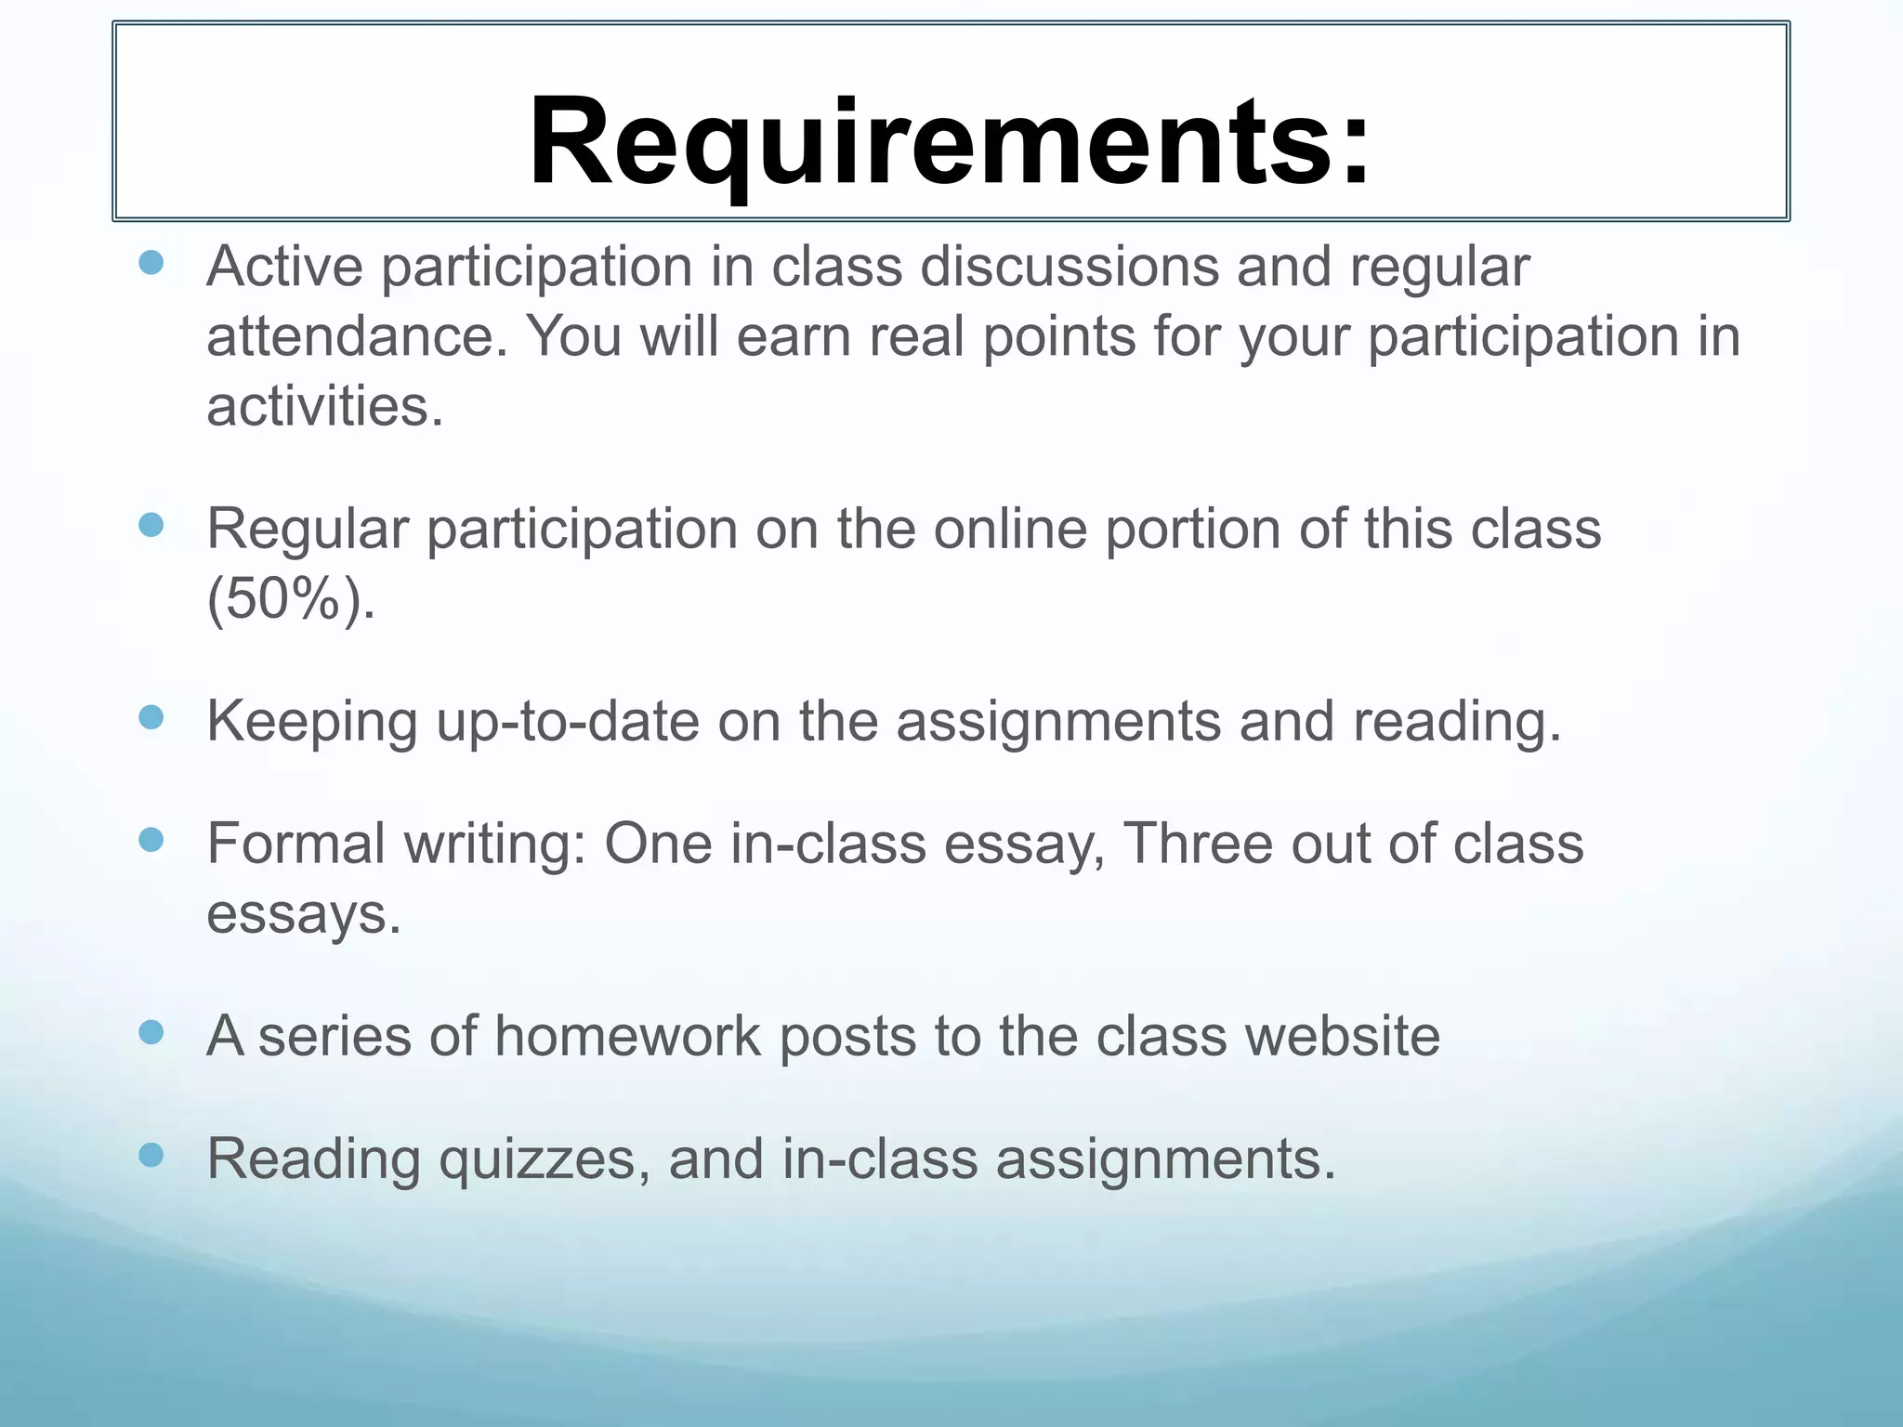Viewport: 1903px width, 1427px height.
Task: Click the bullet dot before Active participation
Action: click(x=151, y=263)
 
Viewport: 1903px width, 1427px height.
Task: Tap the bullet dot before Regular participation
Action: click(x=151, y=526)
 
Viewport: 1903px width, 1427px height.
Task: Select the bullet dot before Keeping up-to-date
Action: click(x=151, y=717)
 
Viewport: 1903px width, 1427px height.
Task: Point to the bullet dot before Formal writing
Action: click(x=151, y=841)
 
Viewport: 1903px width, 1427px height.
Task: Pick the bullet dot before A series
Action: click(x=151, y=1032)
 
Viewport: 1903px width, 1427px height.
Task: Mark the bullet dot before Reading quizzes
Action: click(x=151, y=1155)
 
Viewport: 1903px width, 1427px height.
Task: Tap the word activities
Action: click(x=324, y=407)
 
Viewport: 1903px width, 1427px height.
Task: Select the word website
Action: click(x=1342, y=1036)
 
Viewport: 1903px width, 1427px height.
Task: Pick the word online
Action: click(x=1010, y=530)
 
